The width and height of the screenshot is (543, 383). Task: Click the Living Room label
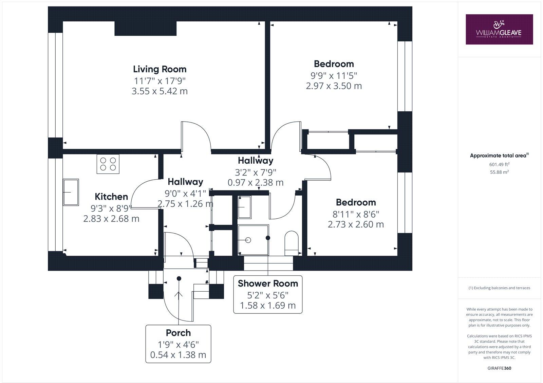[160, 69]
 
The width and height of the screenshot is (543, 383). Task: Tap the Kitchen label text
[111, 197]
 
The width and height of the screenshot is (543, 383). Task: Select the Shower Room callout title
[268, 284]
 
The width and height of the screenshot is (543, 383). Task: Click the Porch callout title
[178, 333]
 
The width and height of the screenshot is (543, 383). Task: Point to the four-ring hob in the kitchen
[108, 164]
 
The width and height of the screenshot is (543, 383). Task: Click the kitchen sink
[71, 192]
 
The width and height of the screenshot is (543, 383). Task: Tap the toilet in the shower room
[291, 242]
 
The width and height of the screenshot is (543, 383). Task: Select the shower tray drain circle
[248, 240]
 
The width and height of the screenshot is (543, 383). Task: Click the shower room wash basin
[244, 207]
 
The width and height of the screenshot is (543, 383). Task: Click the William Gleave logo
[499, 29]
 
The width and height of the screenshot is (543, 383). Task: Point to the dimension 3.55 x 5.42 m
[160, 91]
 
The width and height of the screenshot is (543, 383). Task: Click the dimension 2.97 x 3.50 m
[334, 86]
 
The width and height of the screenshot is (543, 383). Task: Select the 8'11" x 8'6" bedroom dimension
[356, 214]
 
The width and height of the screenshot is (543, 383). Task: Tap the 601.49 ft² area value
[499, 164]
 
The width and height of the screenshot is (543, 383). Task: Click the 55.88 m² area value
[499, 172]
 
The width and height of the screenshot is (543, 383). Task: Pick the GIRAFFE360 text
[499, 368]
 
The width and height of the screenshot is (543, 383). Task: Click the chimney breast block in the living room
[145, 29]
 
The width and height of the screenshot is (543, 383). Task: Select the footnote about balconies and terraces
[499, 288]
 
